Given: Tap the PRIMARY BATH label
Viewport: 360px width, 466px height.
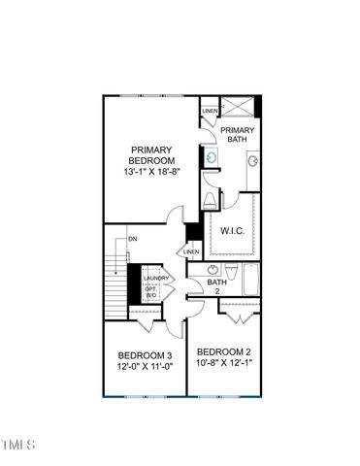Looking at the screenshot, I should click(238, 135).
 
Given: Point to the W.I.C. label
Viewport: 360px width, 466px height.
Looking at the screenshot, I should click(233, 231).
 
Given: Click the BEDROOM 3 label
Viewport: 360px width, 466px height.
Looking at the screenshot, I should click(146, 355).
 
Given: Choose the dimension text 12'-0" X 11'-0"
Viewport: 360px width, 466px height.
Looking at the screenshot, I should click(146, 368).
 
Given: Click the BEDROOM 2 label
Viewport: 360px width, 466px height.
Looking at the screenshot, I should click(224, 351).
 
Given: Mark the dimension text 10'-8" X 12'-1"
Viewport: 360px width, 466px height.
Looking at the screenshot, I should click(224, 364).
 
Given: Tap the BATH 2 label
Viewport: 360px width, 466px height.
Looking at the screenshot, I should click(217, 286).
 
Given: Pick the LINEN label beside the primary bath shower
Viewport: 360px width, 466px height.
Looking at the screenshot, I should click(210, 112).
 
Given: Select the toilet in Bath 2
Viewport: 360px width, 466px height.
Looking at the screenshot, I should click(229, 271).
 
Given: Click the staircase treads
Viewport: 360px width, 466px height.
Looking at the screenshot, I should click(116, 282).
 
